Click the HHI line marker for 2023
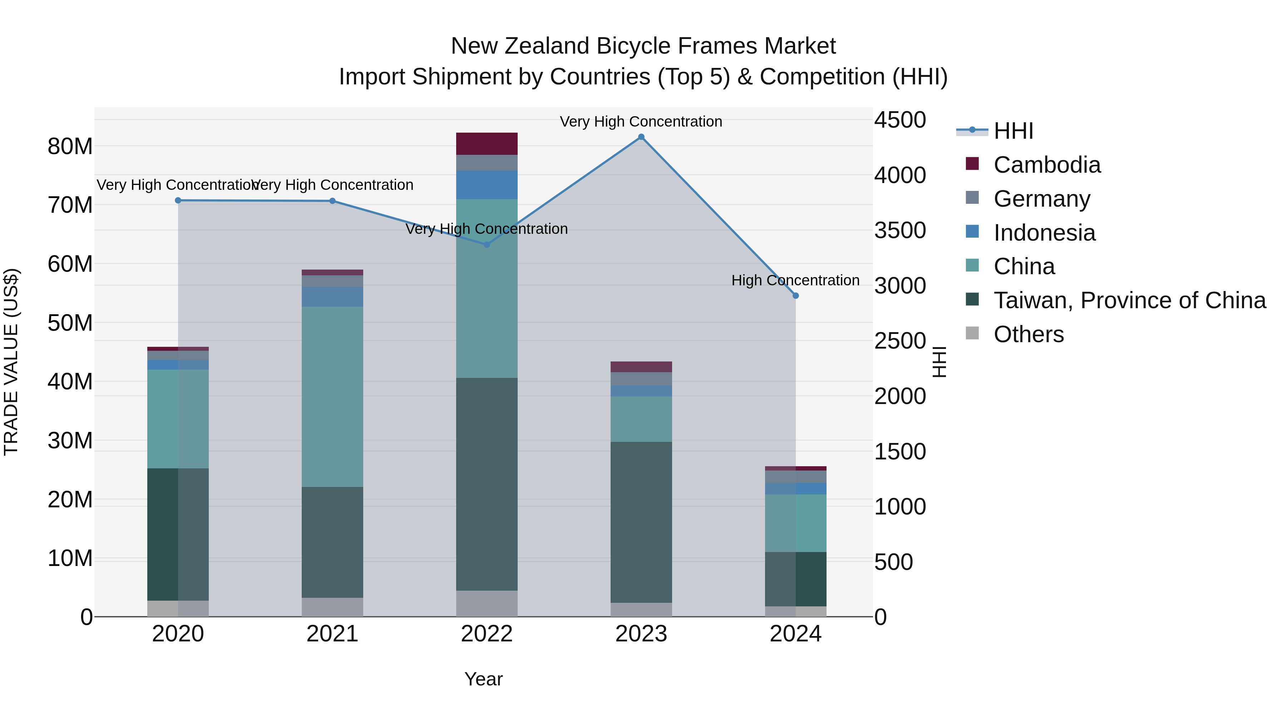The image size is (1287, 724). point(641,137)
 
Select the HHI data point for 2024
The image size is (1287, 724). point(795,296)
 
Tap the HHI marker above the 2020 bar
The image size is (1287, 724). point(178,200)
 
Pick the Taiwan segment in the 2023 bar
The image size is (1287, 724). point(641,522)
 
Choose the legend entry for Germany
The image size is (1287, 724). point(1042,199)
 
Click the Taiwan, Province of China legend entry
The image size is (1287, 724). point(1129,300)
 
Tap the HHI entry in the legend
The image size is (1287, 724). point(1013,131)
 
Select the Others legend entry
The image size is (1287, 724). point(1028,334)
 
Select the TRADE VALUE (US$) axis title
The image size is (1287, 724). point(11,362)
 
